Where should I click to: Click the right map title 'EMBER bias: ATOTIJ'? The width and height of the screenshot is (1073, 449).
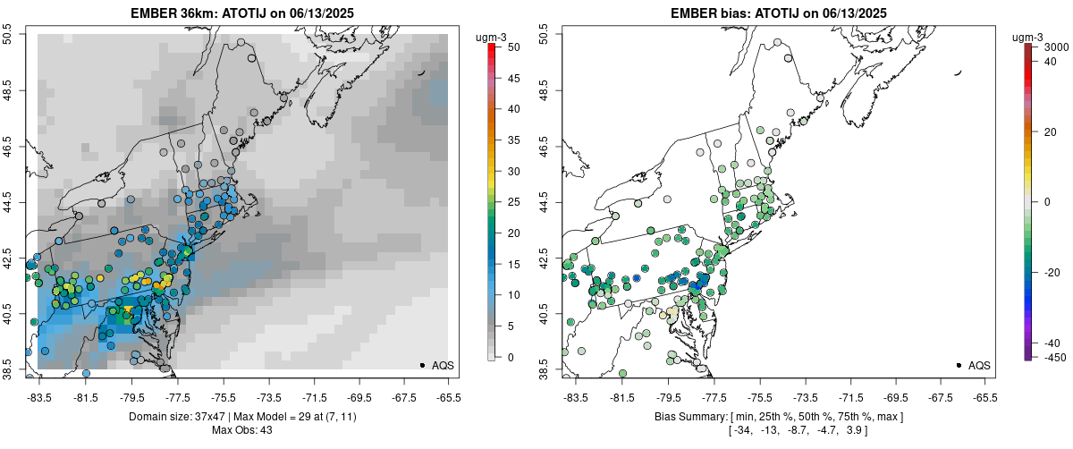coord(778,13)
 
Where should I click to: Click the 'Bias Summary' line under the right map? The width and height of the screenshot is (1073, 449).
coord(778,417)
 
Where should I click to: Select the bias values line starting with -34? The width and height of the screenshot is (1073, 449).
coord(778,431)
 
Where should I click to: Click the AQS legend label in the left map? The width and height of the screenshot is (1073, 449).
coord(444,365)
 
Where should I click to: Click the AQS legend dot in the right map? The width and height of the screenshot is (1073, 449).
coord(958,365)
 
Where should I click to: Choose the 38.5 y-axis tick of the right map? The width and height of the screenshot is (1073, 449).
coord(544,369)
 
